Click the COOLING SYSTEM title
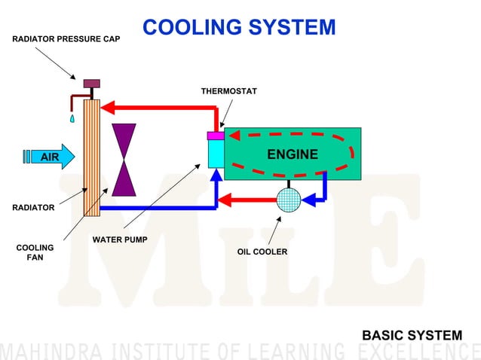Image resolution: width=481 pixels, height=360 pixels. pos(239,27)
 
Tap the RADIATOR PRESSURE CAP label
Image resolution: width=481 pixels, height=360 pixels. pos(66,37)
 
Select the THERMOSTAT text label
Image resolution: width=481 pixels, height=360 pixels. pos(228,91)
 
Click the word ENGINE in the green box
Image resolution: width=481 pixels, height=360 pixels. pos(293,154)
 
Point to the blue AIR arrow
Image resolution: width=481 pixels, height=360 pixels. pos(51,157)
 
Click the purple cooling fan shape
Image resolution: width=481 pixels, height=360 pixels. pos(124,159)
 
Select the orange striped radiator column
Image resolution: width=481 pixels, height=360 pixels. pos(91,159)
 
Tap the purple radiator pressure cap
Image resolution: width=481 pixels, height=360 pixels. pos(91,83)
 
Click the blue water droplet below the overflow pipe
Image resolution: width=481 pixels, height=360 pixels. pos(72,118)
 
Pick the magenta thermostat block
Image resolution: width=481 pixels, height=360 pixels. pos(215,136)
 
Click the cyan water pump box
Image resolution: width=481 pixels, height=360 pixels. pos(215,154)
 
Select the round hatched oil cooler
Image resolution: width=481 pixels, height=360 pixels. pos(288,200)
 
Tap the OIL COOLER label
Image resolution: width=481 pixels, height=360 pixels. pos(262,252)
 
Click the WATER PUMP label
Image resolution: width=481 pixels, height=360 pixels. pos(120,239)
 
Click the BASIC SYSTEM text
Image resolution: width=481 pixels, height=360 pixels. pos(412,335)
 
